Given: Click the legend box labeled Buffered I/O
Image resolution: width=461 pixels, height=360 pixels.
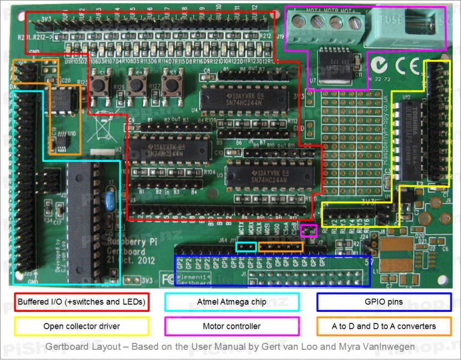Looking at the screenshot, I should pyautogui.click(x=81, y=302).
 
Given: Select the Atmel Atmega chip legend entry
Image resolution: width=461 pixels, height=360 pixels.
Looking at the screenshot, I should pyautogui.click(x=232, y=302).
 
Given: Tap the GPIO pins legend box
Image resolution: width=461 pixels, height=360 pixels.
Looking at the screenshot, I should pyautogui.click(x=384, y=302).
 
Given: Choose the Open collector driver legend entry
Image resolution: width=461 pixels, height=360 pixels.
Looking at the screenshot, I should pyautogui.click(x=81, y=326).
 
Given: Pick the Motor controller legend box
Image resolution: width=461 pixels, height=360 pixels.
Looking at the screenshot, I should pyautogui.click(x=232, y=326).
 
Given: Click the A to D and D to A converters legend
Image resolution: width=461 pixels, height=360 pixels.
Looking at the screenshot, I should pyautogui.click(x=384, y=326).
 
